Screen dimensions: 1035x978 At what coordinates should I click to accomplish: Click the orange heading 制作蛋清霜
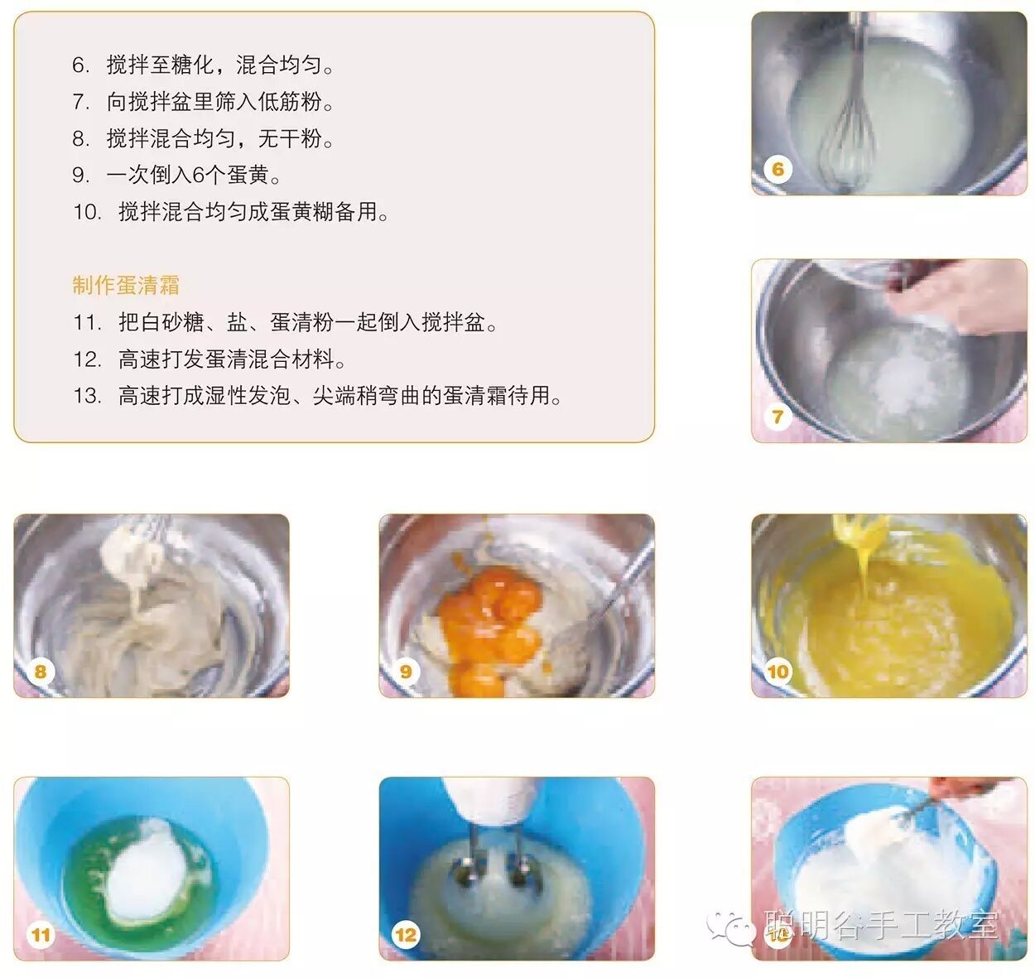[x=126, y=285]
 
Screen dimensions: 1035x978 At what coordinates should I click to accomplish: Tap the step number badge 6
[x=777, y=169]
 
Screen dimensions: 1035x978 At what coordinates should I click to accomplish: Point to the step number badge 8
[x=41, y=671]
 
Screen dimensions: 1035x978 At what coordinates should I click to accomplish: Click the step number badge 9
[x=406, y=671]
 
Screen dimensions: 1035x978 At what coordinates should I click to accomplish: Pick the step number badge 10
[x=777, y=671]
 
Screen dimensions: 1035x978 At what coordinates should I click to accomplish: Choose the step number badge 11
[x=41, y=935]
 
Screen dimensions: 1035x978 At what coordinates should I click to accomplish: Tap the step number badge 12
[x=406, y=935]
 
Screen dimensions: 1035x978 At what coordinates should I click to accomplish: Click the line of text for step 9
[x=176, y=176]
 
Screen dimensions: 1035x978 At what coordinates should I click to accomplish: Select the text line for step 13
[x=318, y=396]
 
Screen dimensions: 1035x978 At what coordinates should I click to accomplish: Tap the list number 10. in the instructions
[x=87, y=212]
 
